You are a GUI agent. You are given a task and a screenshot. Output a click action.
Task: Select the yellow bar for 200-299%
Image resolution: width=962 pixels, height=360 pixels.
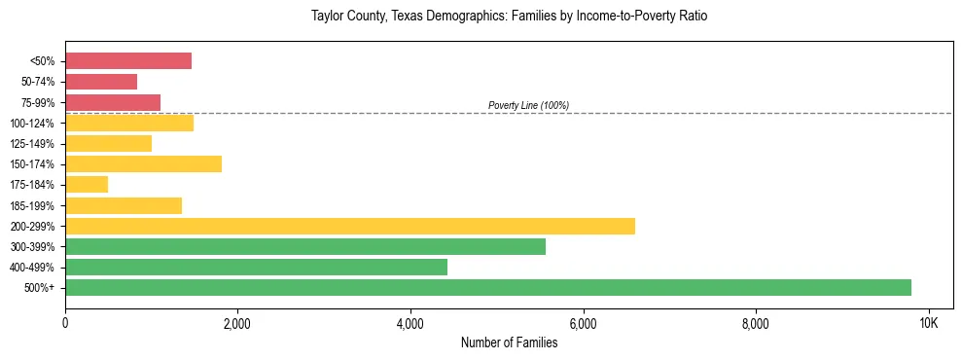350,226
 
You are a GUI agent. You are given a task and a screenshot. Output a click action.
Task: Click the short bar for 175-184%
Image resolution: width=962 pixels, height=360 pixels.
87,185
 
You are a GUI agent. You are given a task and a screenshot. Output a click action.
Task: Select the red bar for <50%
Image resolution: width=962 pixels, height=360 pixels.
128,61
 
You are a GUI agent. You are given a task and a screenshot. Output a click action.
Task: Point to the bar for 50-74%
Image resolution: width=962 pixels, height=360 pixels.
101,82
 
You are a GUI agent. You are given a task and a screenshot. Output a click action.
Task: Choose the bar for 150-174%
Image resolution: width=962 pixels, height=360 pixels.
143,164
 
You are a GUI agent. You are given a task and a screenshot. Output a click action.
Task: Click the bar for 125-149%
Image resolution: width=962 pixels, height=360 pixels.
108,144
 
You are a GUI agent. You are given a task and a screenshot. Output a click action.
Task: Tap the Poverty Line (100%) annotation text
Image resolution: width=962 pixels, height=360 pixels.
528,105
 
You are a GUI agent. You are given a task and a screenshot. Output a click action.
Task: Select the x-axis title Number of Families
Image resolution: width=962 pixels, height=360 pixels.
509,342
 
